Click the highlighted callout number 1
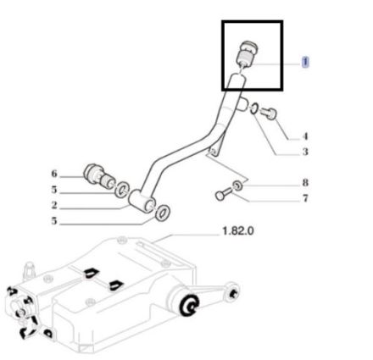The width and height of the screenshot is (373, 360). click(x=305, y=62)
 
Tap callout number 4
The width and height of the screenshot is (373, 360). click(x=305, y=136)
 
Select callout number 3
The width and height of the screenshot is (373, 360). click(x=305, y=152)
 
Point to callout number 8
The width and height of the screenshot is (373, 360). click(x=305, y=183)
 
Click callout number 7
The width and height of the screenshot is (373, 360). click(x=305, y=198)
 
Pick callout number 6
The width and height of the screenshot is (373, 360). click(x=54, y=174)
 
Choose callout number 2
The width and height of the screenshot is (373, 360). click(x=54, y=205)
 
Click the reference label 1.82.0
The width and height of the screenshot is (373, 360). click(x=238, y=231)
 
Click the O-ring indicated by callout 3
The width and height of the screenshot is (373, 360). click(x=253, y=108)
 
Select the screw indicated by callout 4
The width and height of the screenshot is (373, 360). click(x=269, y=114)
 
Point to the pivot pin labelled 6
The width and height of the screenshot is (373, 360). click(x=99, y=176)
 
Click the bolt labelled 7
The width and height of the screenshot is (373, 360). click(x=224, y=194)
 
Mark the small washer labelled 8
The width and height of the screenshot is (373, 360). click(x=237, y=186)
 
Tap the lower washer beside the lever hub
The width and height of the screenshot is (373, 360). click(x=162, y=213)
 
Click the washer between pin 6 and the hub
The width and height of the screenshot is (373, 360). click(x=122, y=190)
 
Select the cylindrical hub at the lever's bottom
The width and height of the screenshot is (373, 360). click(x=142, y=201)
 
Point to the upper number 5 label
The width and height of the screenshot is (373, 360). click(x=54, y=190)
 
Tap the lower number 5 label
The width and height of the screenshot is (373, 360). click(x=54, y=221)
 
